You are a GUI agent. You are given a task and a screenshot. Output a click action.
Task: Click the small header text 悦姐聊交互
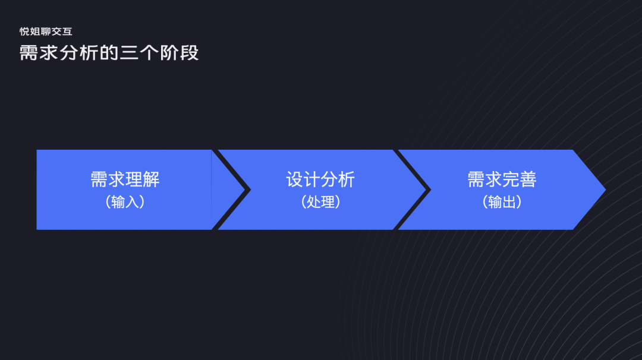coord(46,31)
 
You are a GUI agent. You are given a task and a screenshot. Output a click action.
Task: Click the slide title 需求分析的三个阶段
coord(109,52)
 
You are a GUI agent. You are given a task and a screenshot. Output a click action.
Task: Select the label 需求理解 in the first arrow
coord(125,179)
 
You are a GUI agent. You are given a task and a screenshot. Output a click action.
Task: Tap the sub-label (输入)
coord(125,202)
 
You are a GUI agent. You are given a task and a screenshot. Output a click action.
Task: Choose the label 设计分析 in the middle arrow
coord(320,179)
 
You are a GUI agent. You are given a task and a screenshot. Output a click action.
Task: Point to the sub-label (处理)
coord(320,202)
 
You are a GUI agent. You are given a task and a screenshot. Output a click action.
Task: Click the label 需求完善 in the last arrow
coord(502,179)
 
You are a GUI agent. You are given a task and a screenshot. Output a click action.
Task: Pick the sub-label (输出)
coord(502,202)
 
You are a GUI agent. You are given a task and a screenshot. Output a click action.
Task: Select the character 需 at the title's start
coord(29,52)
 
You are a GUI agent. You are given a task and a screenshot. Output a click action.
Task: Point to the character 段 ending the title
coord(190,52)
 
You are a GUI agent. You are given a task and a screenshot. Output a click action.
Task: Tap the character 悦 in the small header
coord(24,31)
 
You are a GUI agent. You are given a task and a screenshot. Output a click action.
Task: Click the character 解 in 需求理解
coord(151,179)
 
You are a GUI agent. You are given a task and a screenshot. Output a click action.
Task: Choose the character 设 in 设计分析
coord(295,179)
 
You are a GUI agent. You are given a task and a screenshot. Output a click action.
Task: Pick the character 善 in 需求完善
coord(528,179)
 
